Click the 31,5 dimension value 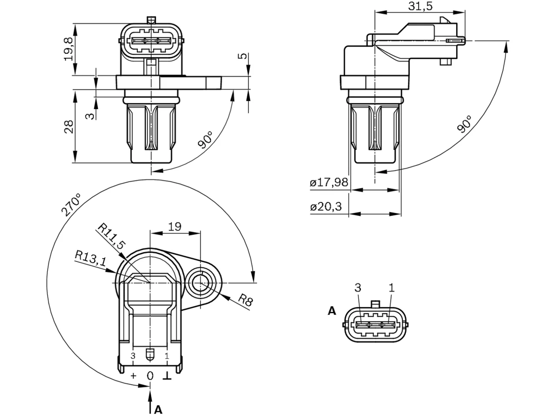[420, 6]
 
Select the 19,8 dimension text [69, 49]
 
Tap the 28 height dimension [69, 126]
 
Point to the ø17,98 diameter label [329, 182]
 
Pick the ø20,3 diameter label [326, 207]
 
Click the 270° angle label [71, 205]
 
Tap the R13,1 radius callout [90, 258]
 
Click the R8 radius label [245, 300]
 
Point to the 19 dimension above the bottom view [175, 226]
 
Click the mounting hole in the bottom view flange [200, 283]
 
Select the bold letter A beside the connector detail [332, 311]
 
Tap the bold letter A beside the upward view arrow [158, 410]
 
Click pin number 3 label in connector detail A [357, 288]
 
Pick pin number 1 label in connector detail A [391, 288]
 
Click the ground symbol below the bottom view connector [167, 376]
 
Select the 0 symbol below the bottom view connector [150, 376]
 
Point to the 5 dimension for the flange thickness [242, 56]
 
